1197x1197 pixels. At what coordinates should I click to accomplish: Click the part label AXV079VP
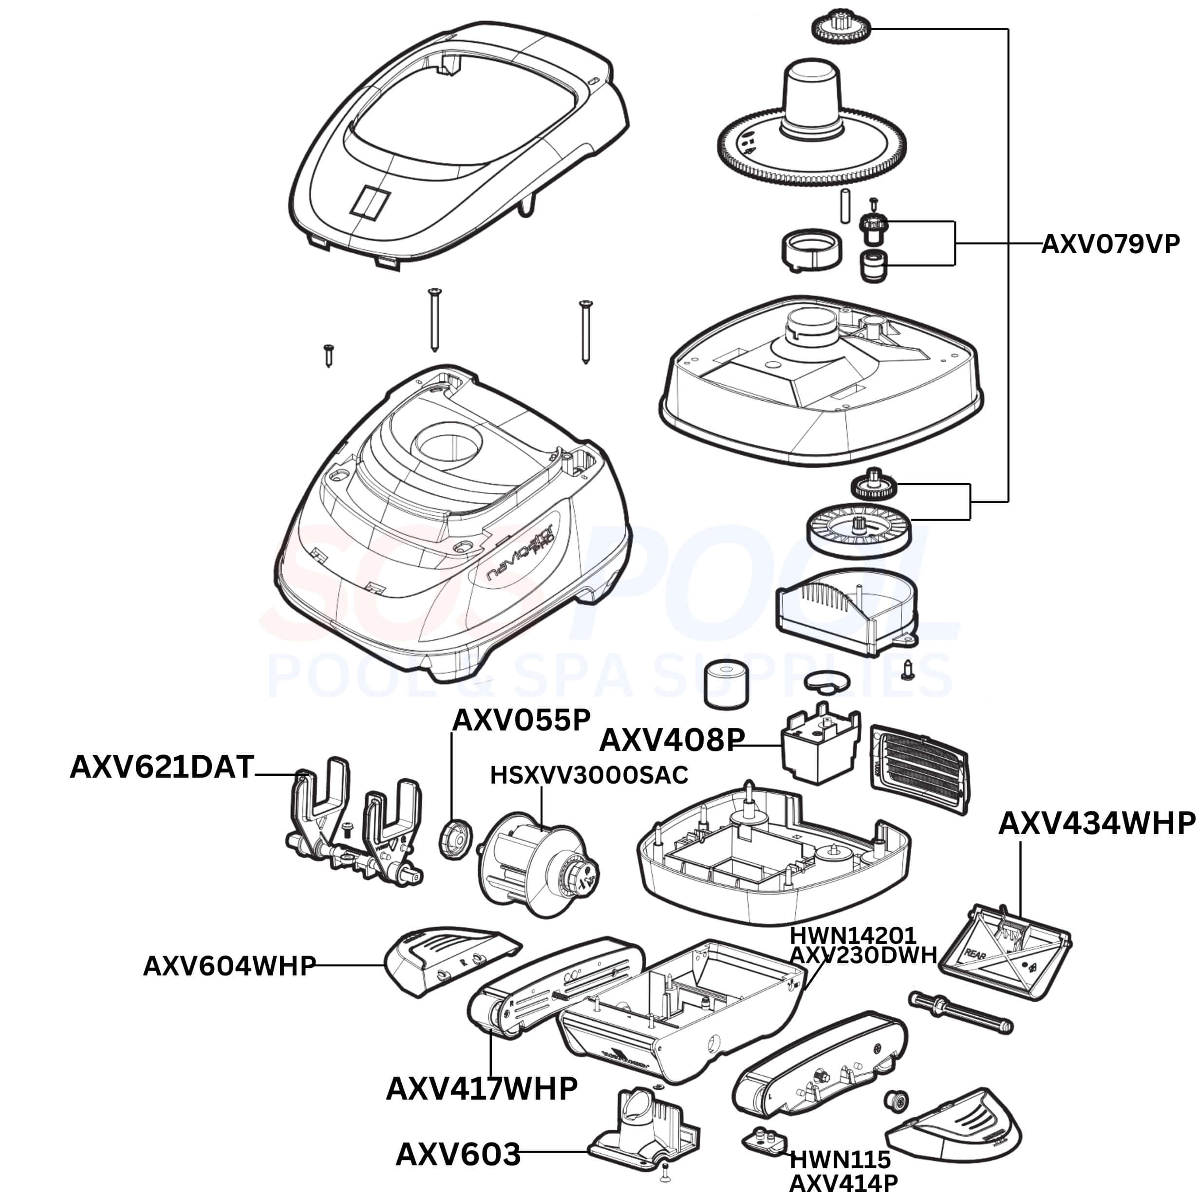coord(1110,245)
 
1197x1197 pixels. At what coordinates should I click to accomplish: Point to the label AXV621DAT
coord(162,767)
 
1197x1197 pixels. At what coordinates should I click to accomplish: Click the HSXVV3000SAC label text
coord(589,775)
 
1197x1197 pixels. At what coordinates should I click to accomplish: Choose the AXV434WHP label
coord(1097,824)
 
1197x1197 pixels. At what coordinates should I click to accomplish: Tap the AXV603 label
coord(458,1154)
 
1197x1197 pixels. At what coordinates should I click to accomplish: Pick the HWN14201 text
coord(853,935)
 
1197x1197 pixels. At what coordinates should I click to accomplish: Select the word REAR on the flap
coord(976,952)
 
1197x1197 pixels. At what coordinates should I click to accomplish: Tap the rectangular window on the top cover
coord(370,201)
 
